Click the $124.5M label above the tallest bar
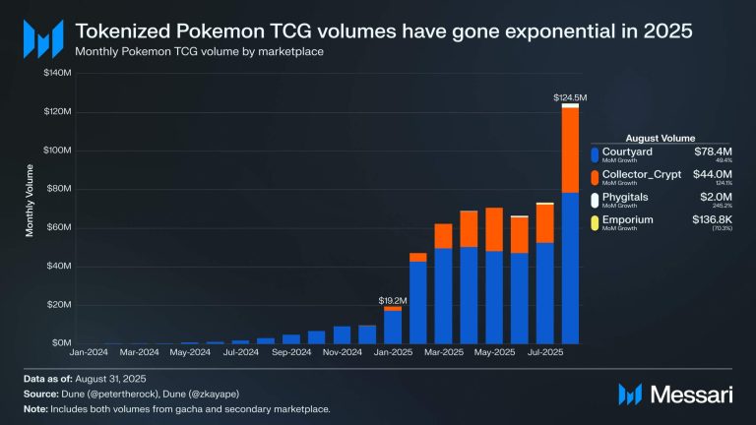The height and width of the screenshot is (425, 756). pos(570,97)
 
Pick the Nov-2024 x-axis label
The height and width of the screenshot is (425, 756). pos(342,351)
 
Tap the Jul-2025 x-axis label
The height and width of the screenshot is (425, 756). pos(545,351)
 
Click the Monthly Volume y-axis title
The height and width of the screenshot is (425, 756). pos(31,208)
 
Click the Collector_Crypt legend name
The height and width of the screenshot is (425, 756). pos(642,175)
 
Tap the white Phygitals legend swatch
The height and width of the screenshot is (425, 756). pos(595,201)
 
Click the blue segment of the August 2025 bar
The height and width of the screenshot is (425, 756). pos(570,266)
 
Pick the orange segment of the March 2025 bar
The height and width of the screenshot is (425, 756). pos(443,236)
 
